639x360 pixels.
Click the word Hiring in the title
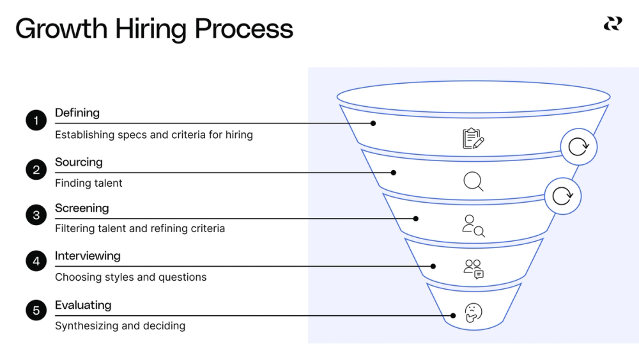[x=151, y=29]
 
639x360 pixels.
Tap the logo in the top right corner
[x=612, y=24]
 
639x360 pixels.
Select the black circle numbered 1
[x=36, y=120]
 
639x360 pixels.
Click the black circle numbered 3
[x=36, y=215]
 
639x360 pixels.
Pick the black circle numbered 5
[x=36, y=311]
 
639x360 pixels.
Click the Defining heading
[x=77, y=113]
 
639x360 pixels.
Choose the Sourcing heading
[x=79, y=162]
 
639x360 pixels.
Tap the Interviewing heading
[x=88, y=256]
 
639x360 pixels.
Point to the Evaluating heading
[x=83, y=305]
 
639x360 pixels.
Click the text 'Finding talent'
[x=89, y=183]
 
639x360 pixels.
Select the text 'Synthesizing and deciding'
[x=120, y=325]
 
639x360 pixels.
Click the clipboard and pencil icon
[x=473, y=138]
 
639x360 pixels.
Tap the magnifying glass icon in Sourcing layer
[x=473, y=182]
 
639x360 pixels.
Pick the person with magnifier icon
[x=473, y=226]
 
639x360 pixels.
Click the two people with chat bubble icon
[x=473, y=269]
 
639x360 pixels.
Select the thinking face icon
[x=473, y=312]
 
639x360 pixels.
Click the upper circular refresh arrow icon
[x=578, y=147]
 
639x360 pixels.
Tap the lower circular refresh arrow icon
[x=562, y=196]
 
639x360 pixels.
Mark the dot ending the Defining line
[x=373, y=123]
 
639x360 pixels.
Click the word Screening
[x=82, y=208]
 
